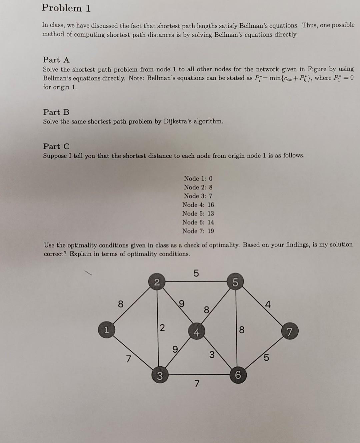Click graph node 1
(106, 330)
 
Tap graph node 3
(160, 376)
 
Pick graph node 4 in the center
(197, 332)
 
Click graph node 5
(235, 283)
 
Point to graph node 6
(238, 375)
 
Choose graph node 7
(289, 332)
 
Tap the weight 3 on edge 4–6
(212, 355)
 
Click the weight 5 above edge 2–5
(196, 273)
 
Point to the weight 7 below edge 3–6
(197, 385)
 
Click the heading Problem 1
(66, 8)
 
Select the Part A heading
(56, 60)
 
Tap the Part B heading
(56, 112)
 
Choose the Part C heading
(56, 146)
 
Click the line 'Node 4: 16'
(198, 205)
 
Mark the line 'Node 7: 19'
(198, 231)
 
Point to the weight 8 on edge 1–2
(121, 304)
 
